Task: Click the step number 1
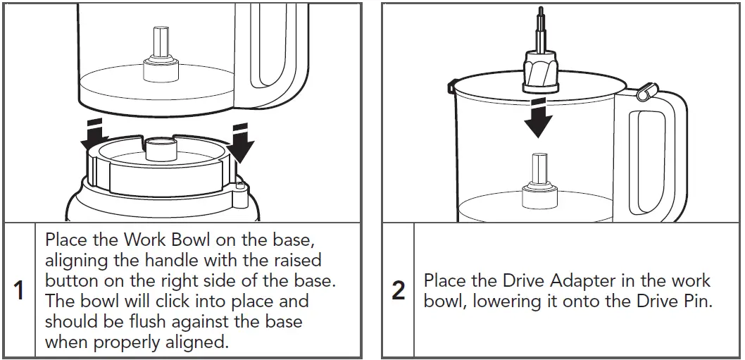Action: click(x=19, y=290)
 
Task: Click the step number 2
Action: click(x=398, y=290)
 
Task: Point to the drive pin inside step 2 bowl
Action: click(x=539, y=173)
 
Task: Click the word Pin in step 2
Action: click(x=697, y=301)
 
